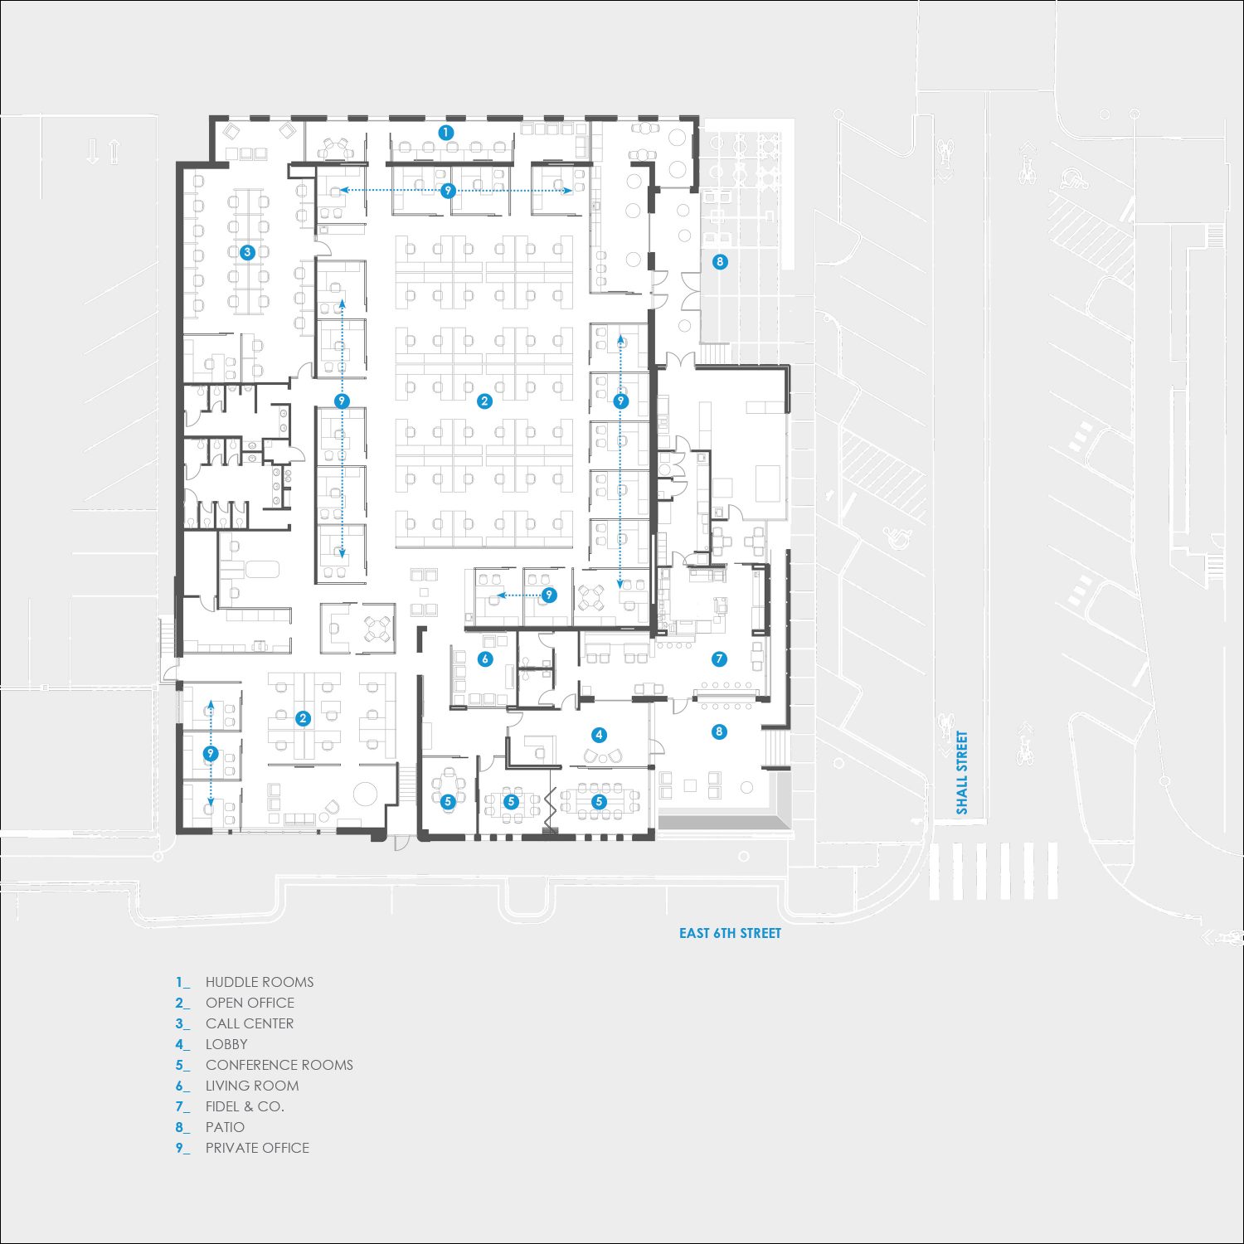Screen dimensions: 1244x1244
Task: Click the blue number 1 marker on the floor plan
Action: tap(445, 132)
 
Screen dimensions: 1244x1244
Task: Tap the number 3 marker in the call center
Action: tap(246, 252)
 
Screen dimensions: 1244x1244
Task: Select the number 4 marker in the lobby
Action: tap(599, 735)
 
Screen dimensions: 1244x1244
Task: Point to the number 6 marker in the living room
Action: tap(485, 659)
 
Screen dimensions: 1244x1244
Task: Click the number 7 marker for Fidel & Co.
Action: tap(719, 659)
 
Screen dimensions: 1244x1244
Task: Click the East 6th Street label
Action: tap(730, 933)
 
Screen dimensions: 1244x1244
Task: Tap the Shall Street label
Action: tap(962, 772)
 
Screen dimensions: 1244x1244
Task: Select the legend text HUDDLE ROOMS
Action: tap(260, 982)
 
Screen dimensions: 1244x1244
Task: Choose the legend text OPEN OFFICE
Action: tap(250, 1003)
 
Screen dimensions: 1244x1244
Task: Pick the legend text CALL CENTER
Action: tap(250, 1023)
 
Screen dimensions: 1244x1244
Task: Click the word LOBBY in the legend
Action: tap(226, 1044)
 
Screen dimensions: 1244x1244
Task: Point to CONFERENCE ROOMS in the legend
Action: tap(279, 1065)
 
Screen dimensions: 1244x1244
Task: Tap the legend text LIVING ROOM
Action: tap(252, 1086)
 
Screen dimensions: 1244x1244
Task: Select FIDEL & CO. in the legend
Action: tap(245, 1106)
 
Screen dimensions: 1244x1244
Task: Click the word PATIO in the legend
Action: tap(225, 1127)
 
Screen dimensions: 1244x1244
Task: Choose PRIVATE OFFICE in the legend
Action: tap(257, 1148)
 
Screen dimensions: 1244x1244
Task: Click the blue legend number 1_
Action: tap(182, 983)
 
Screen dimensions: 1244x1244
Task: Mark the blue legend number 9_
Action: tap(182, 1149)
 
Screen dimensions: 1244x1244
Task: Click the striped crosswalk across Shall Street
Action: tap(994, 871)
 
